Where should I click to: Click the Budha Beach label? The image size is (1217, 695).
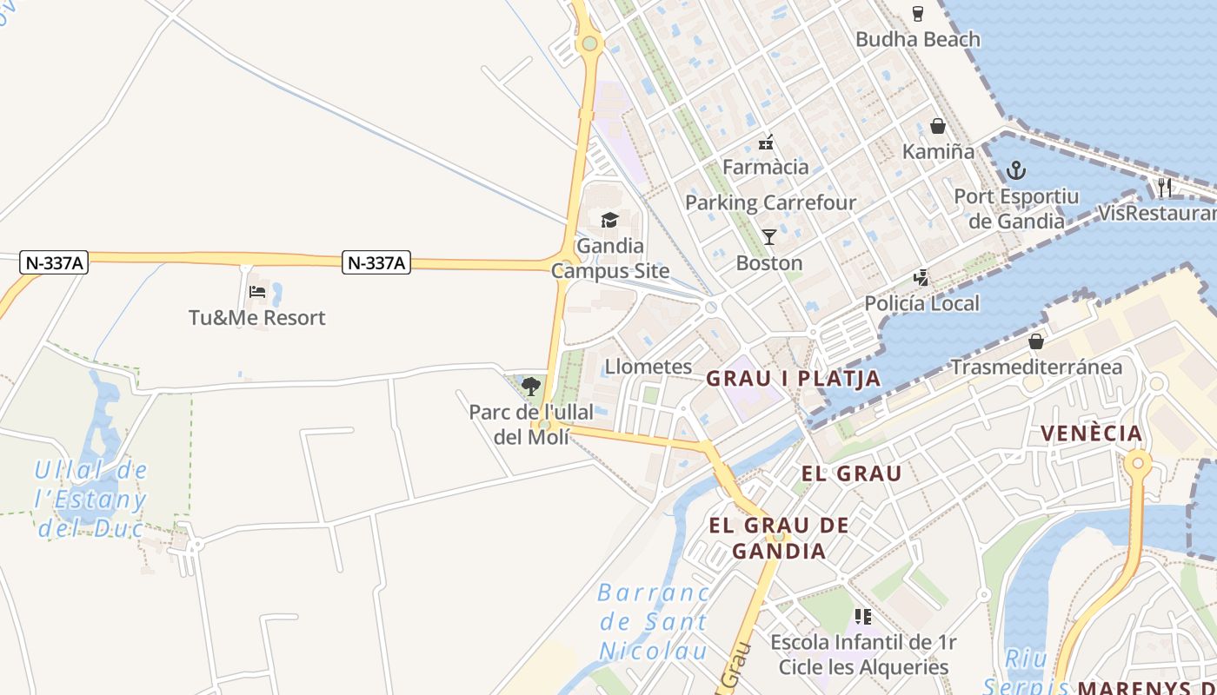(917, 39)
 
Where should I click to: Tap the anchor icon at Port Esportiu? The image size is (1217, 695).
(1016, 169)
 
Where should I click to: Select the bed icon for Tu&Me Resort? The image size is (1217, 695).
(257, 292)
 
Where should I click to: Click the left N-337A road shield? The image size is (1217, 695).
(53, 262)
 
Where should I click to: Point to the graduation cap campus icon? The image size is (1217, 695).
(609, 220)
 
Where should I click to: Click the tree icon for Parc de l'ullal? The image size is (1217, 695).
(530, 386)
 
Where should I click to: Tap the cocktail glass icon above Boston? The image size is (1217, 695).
(769, 236)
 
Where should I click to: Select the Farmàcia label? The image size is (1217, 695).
(765, 167)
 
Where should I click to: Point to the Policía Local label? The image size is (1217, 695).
(921, 303)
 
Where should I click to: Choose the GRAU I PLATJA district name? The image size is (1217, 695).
(793, 379)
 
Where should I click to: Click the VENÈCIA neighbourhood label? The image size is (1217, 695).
(1091, 433)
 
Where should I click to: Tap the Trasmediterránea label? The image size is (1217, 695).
(1035, 367)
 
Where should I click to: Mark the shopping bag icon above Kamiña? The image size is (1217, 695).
(938, 126)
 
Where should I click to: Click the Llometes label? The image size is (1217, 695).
(648, 367)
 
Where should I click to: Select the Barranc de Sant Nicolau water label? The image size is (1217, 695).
(654, 621)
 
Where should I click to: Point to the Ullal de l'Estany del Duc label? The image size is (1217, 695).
(90, 500)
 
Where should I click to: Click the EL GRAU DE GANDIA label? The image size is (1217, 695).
(779, 538)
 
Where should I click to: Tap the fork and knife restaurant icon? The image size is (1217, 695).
(1165, 187)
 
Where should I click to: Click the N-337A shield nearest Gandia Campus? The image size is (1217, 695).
(376, 262)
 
